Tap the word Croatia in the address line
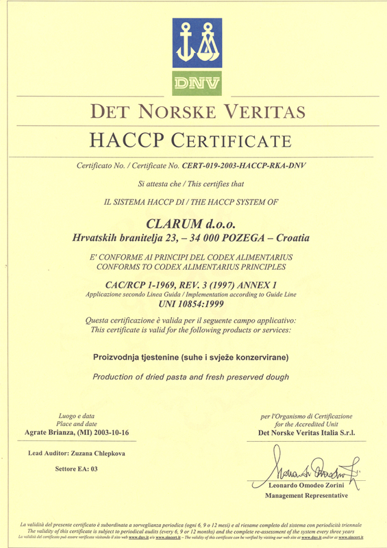click(291, 238)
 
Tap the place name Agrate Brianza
click(63, 434)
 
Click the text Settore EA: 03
click(76, 469)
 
